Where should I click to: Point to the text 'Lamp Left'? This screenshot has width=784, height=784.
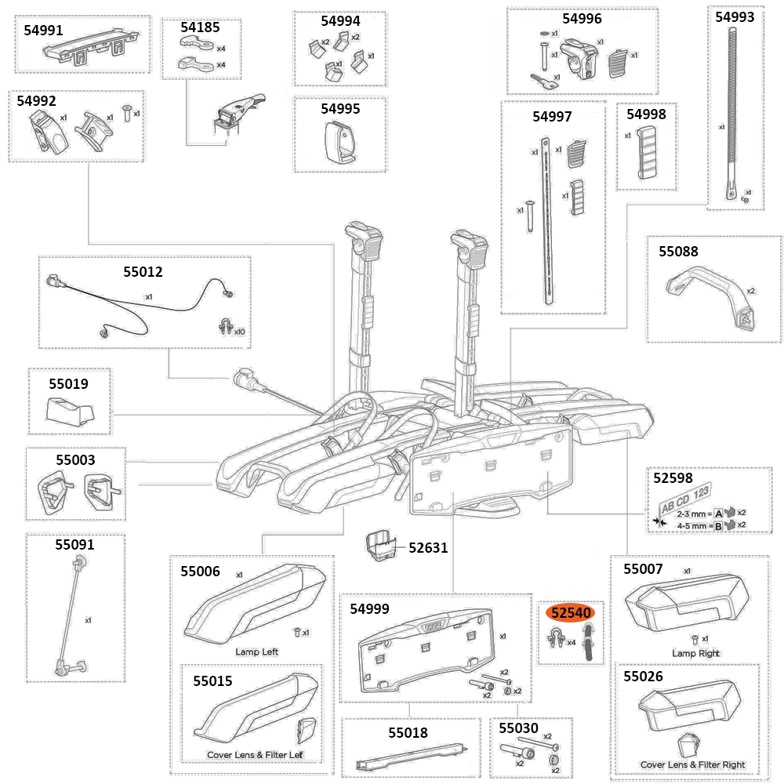point(256,652)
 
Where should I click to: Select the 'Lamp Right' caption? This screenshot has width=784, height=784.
point(695,653)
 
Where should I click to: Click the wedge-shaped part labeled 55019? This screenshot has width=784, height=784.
point(70,409)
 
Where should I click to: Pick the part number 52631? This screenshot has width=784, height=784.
point(428,547)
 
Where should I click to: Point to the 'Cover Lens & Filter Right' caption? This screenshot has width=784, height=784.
point(692,764)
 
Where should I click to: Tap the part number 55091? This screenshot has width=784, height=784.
point(74,544)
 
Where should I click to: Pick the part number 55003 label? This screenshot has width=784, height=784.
point(75,461)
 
